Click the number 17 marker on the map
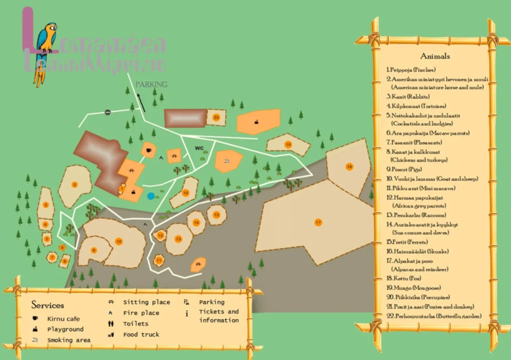click(x=317, y=222)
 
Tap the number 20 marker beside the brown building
click(x=216, y=117)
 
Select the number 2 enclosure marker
click(x=75, y=185)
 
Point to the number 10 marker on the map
click(x=119, y=241)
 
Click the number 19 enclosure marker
click(x=288, y=145)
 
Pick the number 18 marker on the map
click(x=349, y=167)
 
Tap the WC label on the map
click(x=199, y=148)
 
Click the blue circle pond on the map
click(x=151, y=196)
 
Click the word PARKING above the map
click(x=151, y=84)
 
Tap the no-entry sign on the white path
click(x=107, y=112)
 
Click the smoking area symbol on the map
click(x=227, y=161)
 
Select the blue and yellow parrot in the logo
click(x=45, y=47)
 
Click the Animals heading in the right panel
click(x=435, y=56)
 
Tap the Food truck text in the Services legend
click(x=141, y=335)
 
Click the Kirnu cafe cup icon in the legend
click(x=35, y=319)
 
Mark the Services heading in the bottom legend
click(x=48, y=305)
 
